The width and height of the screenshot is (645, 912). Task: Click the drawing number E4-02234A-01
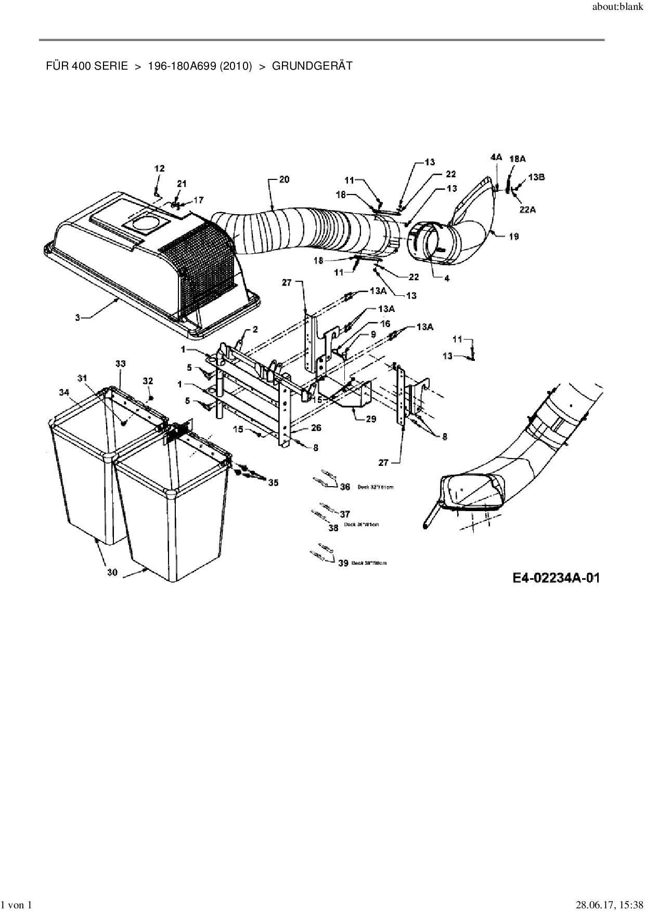pyautogui.click(x=556, y=578)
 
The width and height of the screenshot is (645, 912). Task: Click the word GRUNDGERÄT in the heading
pyautogui.click(x=312, y=66)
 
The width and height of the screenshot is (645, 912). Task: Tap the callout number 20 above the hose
pyautogui.click(x=284, y=180)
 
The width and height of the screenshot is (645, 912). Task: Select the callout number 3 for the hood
pyautogui.click(x=78, y=317)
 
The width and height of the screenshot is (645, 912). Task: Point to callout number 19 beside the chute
pyautogui.click(x=513, y=237)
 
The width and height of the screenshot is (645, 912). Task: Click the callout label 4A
pyautogui.click(x=496, y=157)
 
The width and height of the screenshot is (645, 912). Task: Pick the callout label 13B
pyautogui.click(x=536, y=177)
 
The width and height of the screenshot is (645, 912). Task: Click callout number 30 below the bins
pyautogui.click(x=112, y=572)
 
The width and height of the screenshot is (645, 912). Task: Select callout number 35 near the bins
pyautogui.click(x=273, y=483)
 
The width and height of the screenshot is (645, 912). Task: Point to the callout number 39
pyautogui.click(x=343, y=563)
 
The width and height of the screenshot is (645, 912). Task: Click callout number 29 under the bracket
pyautogui.click(x=371, y=419)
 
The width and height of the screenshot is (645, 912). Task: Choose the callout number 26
pyautogui.click(x=316, y=428)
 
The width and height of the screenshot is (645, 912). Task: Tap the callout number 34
pyautogui.click(x=64, y=392)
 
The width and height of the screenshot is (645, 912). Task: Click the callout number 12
pyautogui.click(x=159, y=168)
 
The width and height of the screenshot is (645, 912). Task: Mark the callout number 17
pyautogui.click(x=199, y=200)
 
